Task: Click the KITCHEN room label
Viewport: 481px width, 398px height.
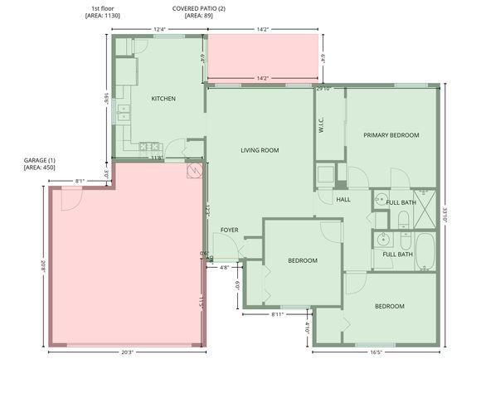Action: [163, 99]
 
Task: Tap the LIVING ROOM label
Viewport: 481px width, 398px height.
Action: [260, 150]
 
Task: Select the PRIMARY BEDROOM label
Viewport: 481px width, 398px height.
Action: [391, 135]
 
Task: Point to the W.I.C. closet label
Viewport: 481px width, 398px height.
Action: [321, 124]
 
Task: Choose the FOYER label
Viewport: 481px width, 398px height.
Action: [230, 230]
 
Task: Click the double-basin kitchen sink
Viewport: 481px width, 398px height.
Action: [124, 112]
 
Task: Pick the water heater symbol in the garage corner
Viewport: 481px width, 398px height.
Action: [195, 170]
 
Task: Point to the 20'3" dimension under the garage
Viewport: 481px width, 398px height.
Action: [127, 352]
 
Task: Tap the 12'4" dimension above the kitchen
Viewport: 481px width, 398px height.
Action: [159, 30]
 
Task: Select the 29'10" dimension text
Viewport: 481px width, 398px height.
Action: [323, 88]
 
